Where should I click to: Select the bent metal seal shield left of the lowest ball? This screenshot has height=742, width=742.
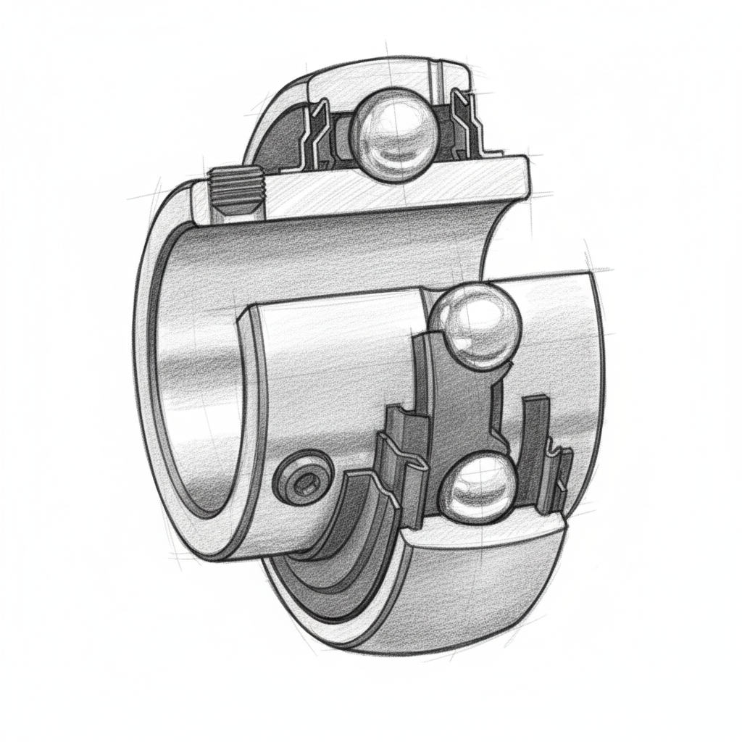click(399, 471)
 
